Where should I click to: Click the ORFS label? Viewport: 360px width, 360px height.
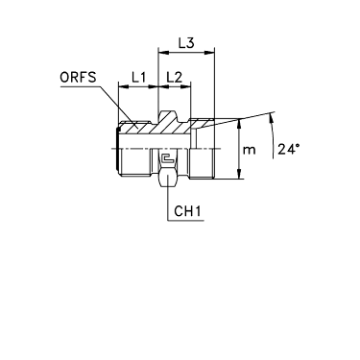click(78, 78)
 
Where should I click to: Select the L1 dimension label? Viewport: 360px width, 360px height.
click(139, 77)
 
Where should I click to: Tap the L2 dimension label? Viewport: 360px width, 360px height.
click(175, 77)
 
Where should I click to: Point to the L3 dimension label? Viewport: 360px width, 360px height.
click(186, 43)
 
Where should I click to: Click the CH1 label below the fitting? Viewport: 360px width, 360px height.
click(187, 211)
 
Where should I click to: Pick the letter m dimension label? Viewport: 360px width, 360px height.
click(249, 150)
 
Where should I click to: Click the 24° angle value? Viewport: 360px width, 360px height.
click(289, 149)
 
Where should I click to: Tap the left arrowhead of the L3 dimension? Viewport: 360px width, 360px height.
click(163, 52)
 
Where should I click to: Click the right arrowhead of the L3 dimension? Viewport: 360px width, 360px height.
click(210, 52)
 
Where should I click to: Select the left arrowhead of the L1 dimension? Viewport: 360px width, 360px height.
click(123, 86)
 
